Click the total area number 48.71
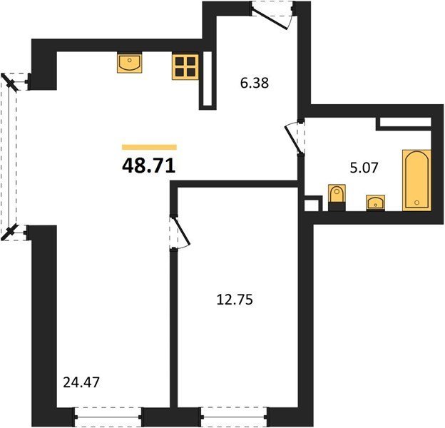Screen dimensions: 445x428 tap(149, 165)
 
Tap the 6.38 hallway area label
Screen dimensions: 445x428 tap(255, 83)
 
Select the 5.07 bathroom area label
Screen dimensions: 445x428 tap(364, 168)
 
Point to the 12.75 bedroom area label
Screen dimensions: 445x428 tap(235, 300)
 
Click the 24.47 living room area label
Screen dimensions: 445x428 tap(81, 382)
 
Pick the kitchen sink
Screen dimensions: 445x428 tap(129, 63)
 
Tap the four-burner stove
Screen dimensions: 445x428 tap(185, 67)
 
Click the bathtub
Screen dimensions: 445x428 tap(416, 180)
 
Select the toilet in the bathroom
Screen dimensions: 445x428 tap(337, 198)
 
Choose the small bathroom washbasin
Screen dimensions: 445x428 tap(375, 203)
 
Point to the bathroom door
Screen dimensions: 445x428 tap(295, 138)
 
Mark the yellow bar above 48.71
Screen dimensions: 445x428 tap(149, 147)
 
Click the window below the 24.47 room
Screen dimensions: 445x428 tap(108, 417)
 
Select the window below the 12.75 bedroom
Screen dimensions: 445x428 tap(234, 417)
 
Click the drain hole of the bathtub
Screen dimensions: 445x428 tap(416, 203)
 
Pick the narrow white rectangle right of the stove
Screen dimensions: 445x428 tap(208, 80)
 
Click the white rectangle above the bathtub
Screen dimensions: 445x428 tap(405, 122)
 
